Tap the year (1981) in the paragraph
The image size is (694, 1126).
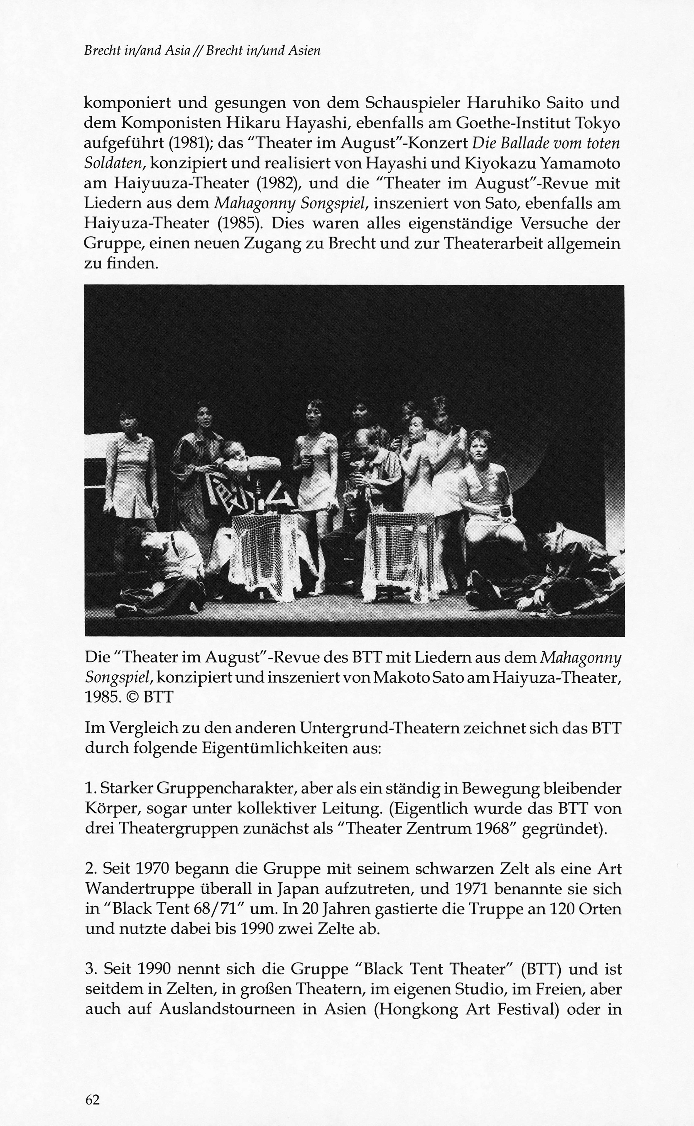[x=189, y=143]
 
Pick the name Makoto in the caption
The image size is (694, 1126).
[x=396, y=677]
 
